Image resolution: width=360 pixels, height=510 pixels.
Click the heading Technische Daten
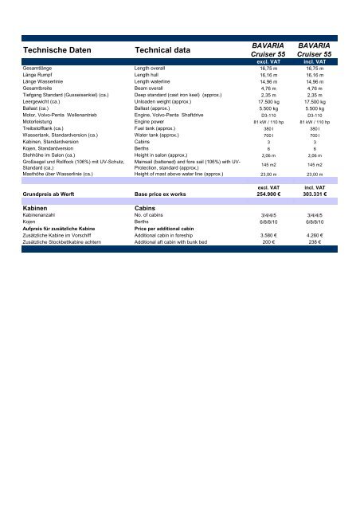coord(51,51)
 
